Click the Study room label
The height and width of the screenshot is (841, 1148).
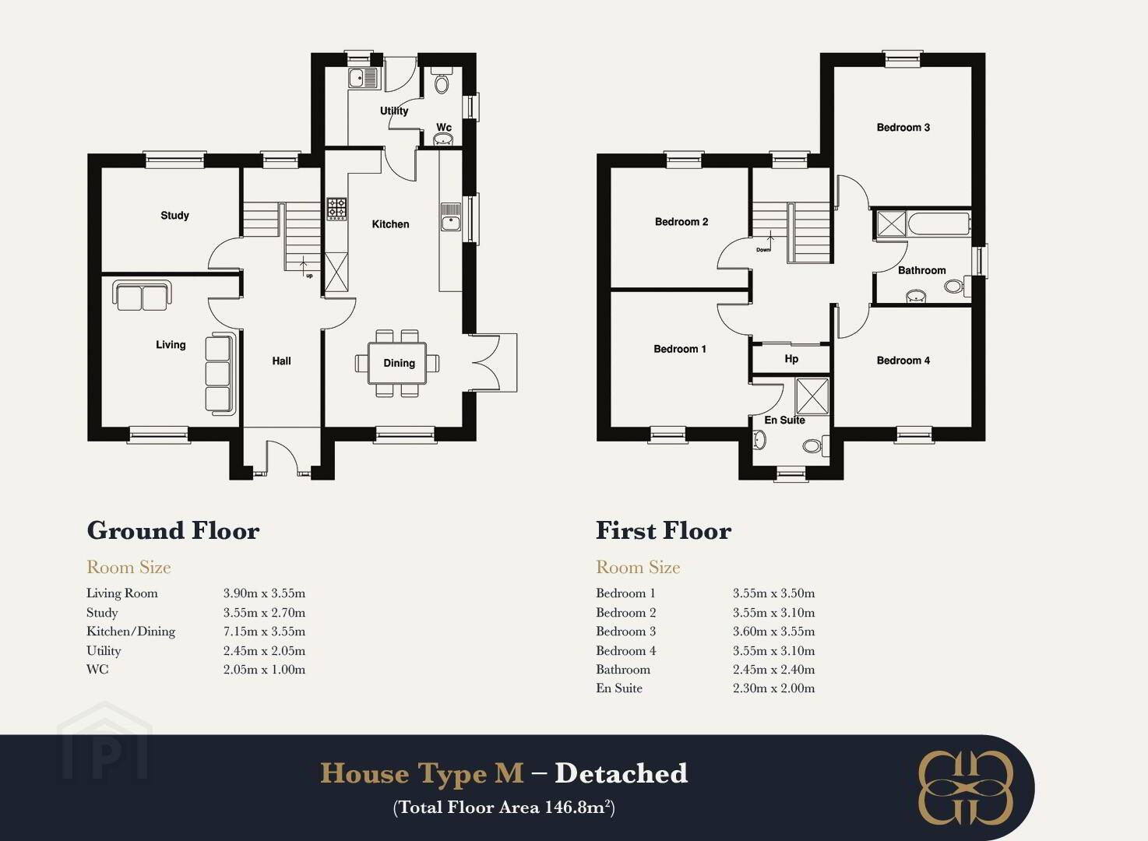click(x=174, y=215)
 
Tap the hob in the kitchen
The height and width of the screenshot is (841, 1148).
click(x=336, y=209)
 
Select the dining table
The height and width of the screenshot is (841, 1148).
click(x=397, y=363)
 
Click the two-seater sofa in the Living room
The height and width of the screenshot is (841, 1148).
click(x=142, y=296)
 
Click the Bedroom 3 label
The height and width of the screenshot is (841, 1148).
click(x=903, y=127)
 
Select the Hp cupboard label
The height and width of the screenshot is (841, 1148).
click(x=791, y=359)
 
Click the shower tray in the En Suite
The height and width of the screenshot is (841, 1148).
click(x=812, y=396)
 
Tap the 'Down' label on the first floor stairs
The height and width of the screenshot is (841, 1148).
click(x=763, y=250)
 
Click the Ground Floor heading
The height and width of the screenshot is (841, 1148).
click(x=173, y=530)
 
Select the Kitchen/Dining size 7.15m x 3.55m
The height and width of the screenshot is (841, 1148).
click(x=264, y=632)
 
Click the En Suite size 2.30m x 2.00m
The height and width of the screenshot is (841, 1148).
click(x=773, y=688)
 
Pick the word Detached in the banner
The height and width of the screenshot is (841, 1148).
click(x=622, y=772)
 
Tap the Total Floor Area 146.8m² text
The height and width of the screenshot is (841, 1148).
click(x=504, y=808)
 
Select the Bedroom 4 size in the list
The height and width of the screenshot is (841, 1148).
click(x=773, y=651)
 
